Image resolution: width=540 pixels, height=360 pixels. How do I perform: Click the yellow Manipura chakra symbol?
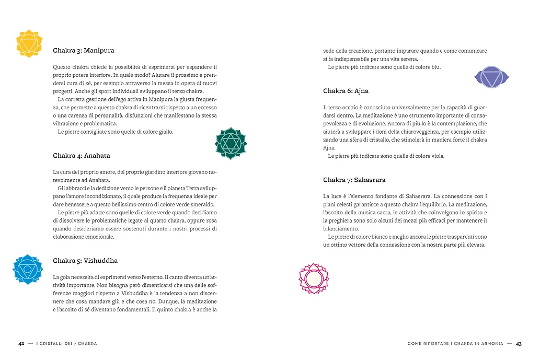click(x=29, y=43)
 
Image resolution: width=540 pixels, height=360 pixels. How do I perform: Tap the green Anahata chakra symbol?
click(x=231, y=143)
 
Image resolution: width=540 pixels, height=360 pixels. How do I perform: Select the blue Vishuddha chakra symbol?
click(x=28, y=270)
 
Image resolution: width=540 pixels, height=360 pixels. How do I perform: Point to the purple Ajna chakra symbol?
click(x=491, y=78)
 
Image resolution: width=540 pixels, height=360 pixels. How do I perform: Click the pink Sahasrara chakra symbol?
click(x=314, y=278)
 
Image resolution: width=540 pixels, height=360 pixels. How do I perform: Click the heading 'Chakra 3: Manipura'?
click(x=84, y=51)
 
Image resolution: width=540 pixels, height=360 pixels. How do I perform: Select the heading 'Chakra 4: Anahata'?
click(x=82, y=156)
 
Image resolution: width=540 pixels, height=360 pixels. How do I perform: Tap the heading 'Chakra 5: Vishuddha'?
click(x=85, y=261)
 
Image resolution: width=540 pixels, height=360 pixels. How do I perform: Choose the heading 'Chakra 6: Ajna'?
click(x=346, y=91)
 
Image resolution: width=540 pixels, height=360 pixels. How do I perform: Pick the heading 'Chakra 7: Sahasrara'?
click(x=354, y=180)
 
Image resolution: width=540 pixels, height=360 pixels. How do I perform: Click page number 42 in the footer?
click(x=21, y=343)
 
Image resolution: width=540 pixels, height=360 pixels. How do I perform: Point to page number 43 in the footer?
click(x=519, y=343)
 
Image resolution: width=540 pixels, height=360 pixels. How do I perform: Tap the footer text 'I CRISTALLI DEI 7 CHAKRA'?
click(x=66, y=343)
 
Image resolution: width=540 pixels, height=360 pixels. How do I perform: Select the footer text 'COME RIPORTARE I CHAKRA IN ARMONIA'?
click(x=455, y=343)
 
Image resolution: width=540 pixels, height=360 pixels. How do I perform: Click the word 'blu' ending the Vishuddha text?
click(x=436, y=67)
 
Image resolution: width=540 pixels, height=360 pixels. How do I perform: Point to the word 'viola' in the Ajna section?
click(x=437, y=156)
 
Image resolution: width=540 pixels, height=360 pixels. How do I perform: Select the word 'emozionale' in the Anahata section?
click(x=98, y=237)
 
